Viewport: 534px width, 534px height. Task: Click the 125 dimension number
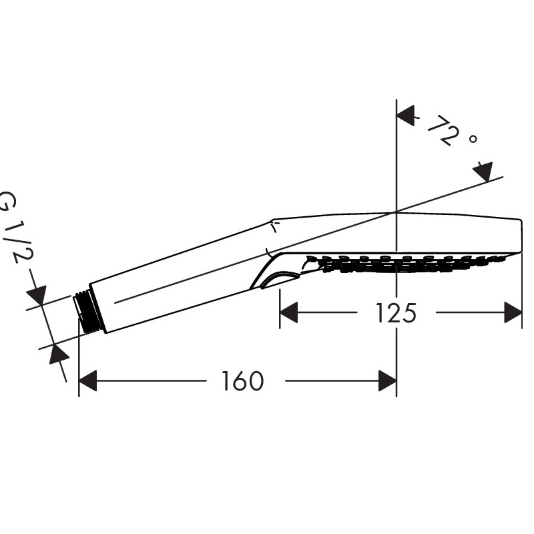click(x=396, y=313)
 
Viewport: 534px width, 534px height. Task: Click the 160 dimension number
click(x=242, y=381)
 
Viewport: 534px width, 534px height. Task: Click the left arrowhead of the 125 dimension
click(x=288, y=312)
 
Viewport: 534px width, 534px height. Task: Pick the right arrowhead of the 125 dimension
click(x=513, y=312)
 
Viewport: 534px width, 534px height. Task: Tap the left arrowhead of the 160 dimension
click(x=87, y=380)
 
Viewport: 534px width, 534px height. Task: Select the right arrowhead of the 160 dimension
click(x=388, y=380)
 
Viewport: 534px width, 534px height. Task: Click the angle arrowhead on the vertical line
click(x=406, y=115)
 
